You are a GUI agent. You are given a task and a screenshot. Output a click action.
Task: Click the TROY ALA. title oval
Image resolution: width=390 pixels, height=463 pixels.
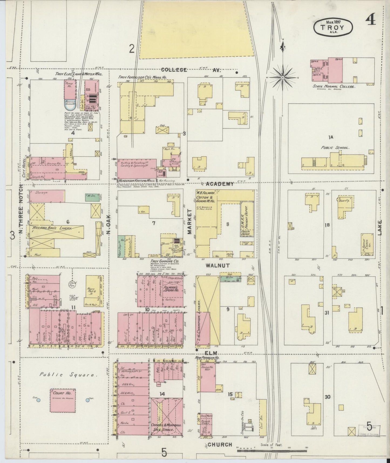333,27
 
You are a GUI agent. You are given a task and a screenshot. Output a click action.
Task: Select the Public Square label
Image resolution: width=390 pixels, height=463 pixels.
68,375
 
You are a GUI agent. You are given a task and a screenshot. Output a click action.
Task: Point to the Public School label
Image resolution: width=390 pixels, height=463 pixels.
335,148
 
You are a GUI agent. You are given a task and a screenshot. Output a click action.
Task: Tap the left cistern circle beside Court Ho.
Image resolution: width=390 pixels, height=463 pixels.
38,400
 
